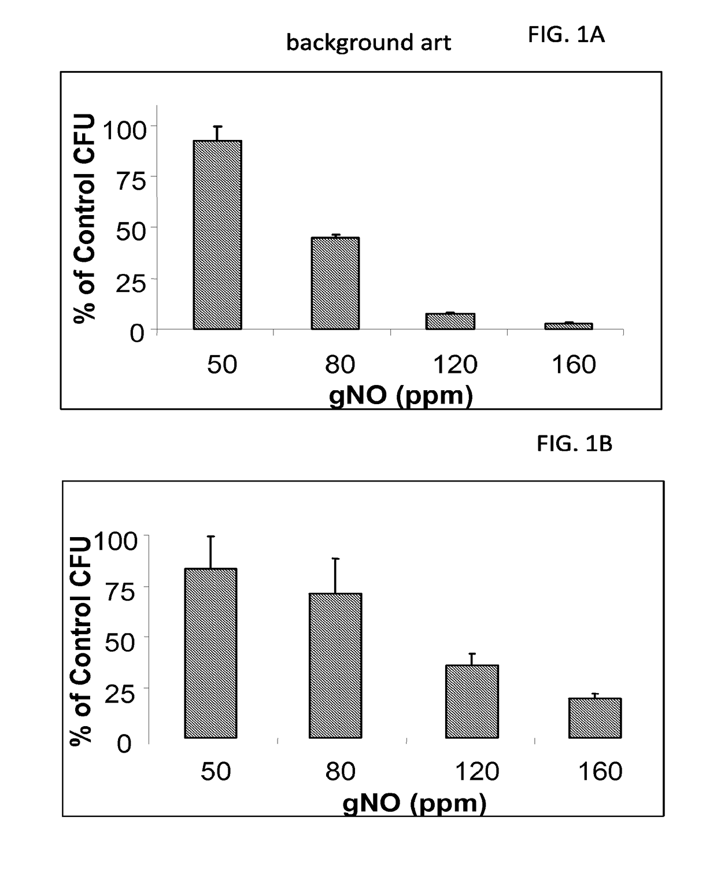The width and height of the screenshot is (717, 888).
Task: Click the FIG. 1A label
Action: pyautogui.click(x=566, y=34)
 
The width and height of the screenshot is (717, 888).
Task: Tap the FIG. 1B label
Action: pyautogui.click(x=574, y=443)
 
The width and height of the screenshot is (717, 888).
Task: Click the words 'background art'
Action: pyautogui.click(x=368, y=43)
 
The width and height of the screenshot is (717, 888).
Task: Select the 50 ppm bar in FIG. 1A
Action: pyautogui.click(x=217, y=235)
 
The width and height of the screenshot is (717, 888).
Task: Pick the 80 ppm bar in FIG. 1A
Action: pyautogui.click(x=335, y=283)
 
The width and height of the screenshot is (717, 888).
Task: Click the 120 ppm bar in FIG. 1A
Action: pyautogui.click(x=450, y=321)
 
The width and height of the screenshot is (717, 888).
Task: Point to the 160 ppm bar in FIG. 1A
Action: pyautogui.click(x=568, y=327)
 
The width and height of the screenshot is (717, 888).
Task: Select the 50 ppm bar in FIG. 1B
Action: pyautogui.click(x=211, y=653)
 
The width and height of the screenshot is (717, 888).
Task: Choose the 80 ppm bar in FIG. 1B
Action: pyautogui.click(x=335, y=666)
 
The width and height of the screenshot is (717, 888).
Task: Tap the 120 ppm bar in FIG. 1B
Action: pyautogui.click(x=472, y=702)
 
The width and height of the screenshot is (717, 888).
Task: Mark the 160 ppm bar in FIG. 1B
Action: pyautogui.click(x=595, y=719)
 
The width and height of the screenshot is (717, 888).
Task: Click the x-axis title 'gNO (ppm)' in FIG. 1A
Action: pyautogui.click(x=401, y=395)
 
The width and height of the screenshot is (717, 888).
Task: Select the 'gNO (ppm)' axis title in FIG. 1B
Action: pyautogui.click(x=415, y=803)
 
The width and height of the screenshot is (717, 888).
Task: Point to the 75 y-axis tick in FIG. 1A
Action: pyautogui.click(x=131, y=181)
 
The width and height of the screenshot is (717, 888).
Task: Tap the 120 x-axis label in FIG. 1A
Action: pyautogui.click(x=455, y=365)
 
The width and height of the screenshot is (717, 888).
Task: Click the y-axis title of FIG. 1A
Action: pyautogui.click(x=84, y=219)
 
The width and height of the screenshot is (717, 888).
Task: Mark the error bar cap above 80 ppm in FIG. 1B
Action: pyautogui.click(x=335, y=558)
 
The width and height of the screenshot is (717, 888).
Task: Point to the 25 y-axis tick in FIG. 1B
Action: pyautogui.click(x=120, y=694)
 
